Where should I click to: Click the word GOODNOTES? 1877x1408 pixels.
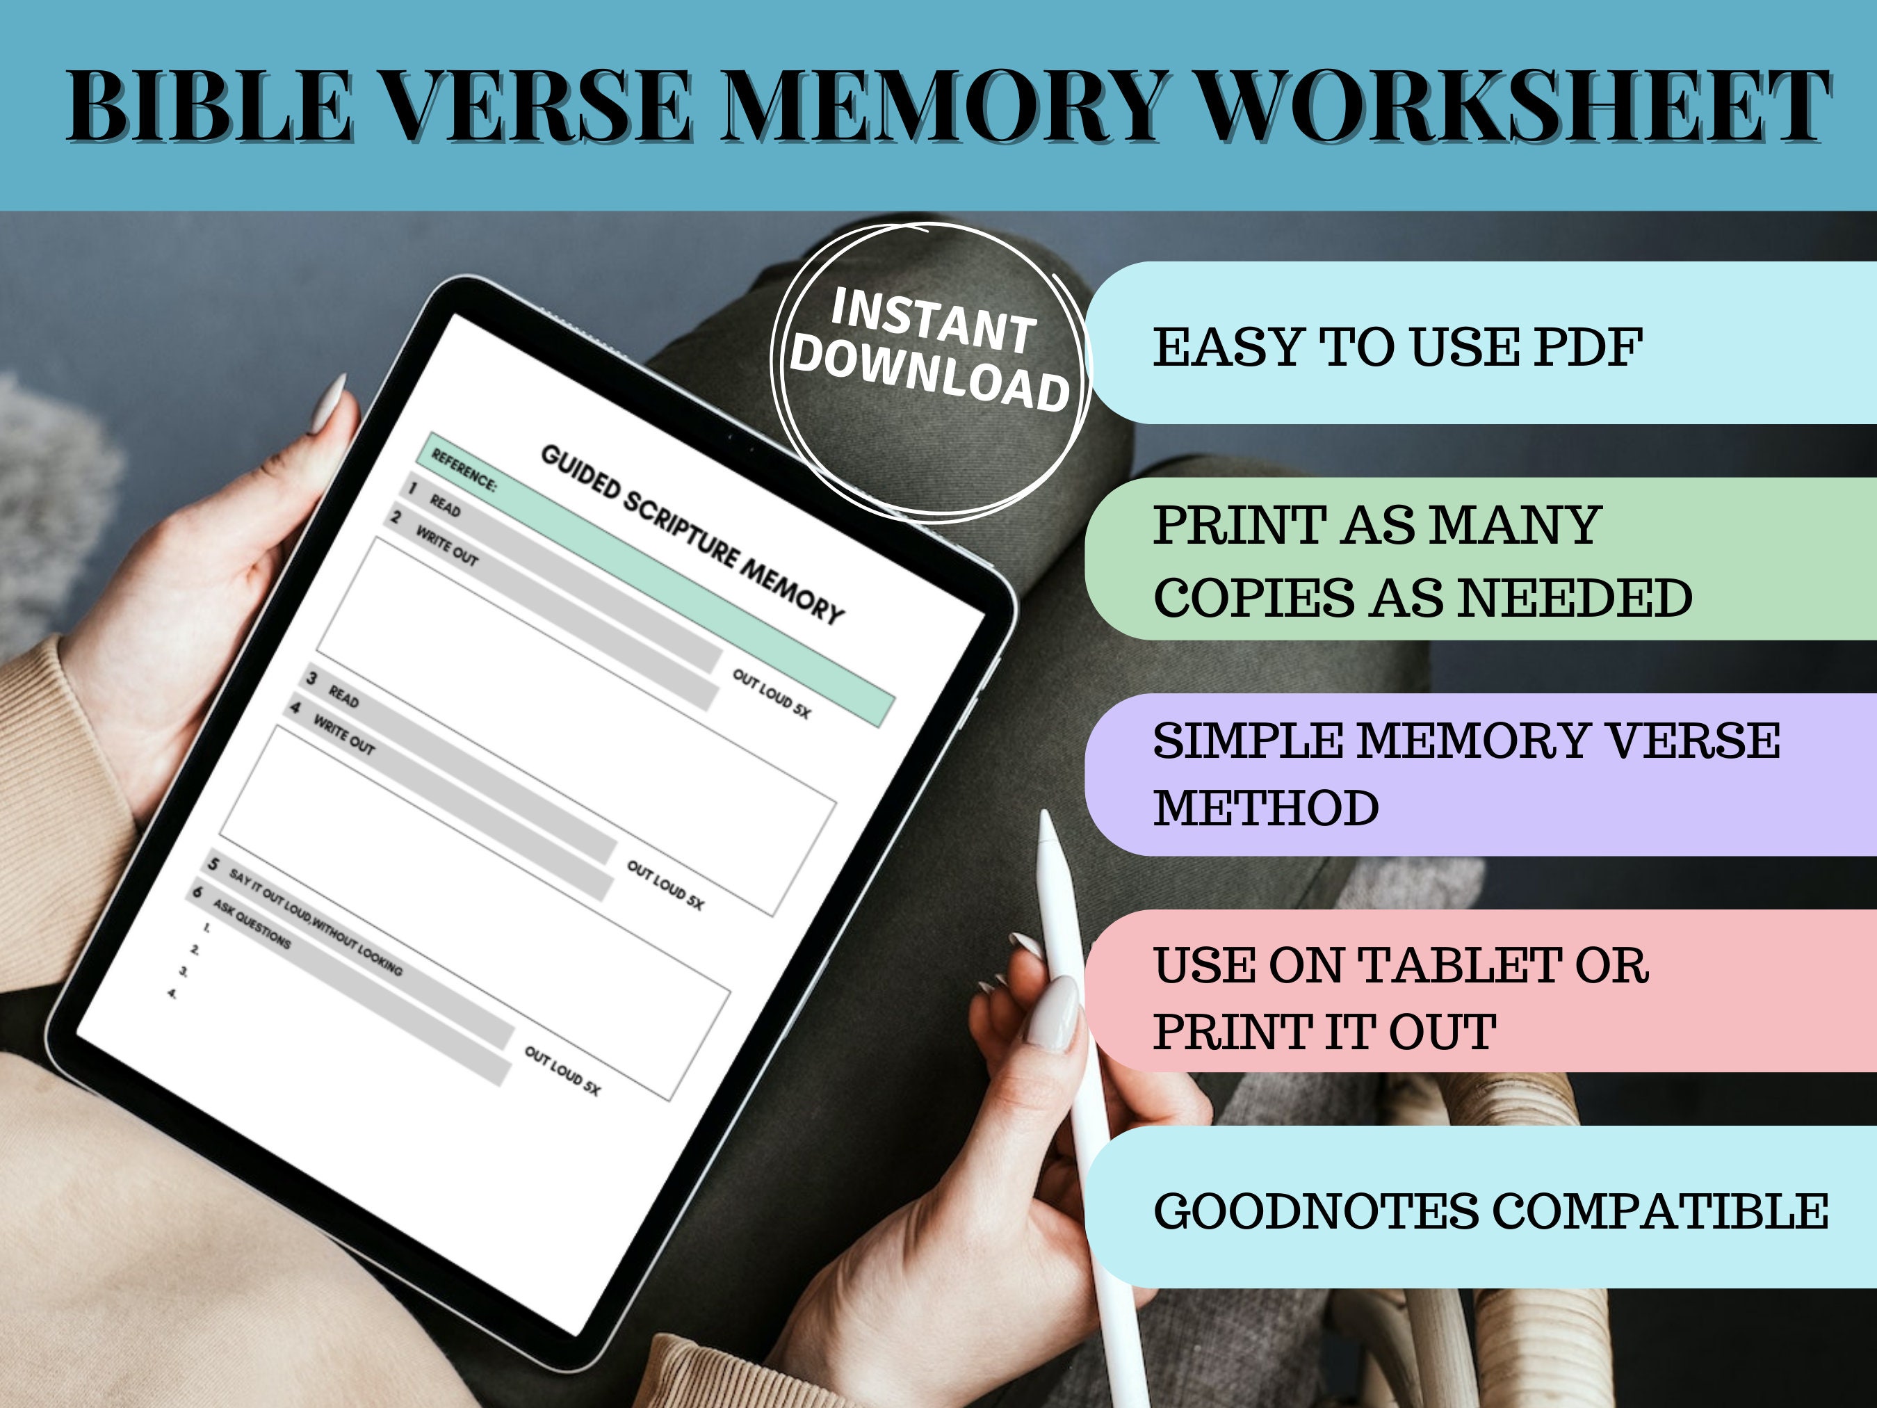pyautogui.click(x=1315, y=1211)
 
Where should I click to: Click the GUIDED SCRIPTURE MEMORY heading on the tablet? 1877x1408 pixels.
pyautogui.click(x=692, y=535)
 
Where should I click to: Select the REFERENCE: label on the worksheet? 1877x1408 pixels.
pyautogui.click(x=463, y=469)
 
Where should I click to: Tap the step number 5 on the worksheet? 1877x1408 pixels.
pyautogui.click(x=213, y=864)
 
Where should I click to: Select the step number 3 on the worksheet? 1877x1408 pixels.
pyautogui.click(x=311, y=678)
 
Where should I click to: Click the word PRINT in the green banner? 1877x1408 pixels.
pyautogui.click(x=1239, y=526)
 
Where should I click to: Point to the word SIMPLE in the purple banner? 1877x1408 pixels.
pyautogui.click(x=1247, y=741)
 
